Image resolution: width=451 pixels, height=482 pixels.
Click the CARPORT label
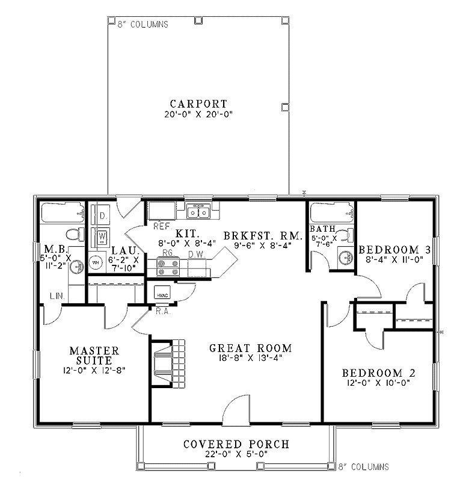(x=198, y=103)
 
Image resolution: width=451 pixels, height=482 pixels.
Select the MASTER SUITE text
(x=94, y=355)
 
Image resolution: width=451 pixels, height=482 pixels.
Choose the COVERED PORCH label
(x=236, y=444)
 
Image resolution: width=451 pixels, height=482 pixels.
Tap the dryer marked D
(x=102, y=215)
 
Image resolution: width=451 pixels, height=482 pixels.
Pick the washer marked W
(x=102, y=234)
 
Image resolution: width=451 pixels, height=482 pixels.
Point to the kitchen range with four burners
(x=167, y=267)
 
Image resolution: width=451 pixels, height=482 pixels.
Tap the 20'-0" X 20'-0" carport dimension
(x=198, y=114)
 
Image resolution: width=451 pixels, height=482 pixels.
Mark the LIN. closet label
(x=59, y=296)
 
